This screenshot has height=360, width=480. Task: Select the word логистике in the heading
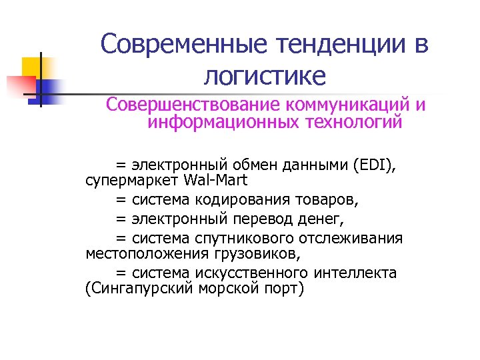[x=265, y=76]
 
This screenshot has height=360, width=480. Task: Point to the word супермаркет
[x=124, y=180]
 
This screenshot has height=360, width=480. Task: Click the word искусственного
[x=251, y=273]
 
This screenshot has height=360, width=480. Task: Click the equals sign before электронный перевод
[x=121, y=218]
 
